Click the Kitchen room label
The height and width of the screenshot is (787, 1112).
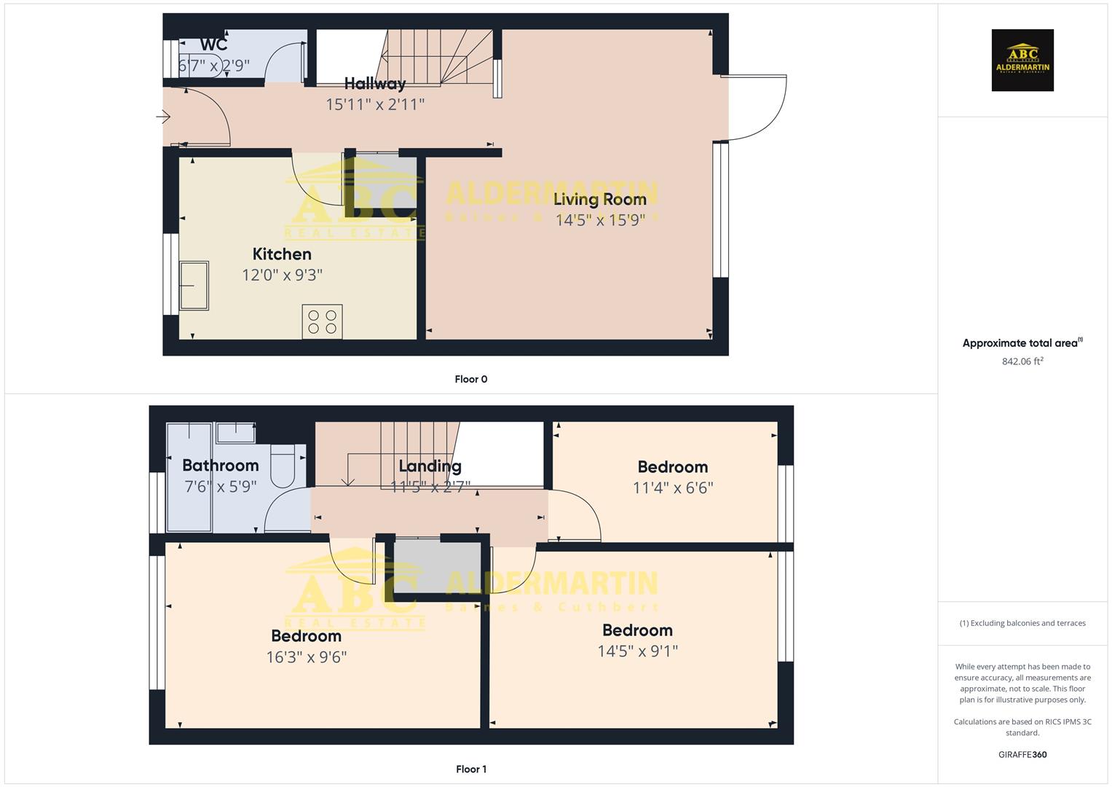282,254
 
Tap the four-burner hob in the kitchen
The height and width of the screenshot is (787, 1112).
322,322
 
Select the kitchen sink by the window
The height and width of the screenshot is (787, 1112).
194,286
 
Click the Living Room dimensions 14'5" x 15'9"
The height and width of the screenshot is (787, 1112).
600,220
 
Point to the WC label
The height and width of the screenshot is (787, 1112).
213,44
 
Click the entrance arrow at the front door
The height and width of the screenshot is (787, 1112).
163,117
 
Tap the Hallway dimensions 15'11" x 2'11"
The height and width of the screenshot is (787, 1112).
374,104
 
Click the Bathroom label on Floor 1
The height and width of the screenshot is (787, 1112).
220,466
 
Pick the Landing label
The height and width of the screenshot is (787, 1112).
430,466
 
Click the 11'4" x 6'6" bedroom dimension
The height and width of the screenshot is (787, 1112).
672,488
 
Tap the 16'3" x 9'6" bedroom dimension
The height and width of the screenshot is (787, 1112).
306,657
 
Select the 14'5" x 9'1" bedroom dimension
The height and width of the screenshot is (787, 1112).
637,651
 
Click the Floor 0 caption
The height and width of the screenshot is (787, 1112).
471,379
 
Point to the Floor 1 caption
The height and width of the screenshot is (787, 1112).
471,769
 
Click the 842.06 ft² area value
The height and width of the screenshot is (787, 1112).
1022,361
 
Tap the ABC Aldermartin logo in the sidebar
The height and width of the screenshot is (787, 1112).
1022,60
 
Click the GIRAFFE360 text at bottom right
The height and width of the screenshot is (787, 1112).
1022,754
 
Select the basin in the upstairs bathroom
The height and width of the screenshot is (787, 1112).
235,433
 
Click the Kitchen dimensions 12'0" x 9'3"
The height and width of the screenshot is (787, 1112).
282,275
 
